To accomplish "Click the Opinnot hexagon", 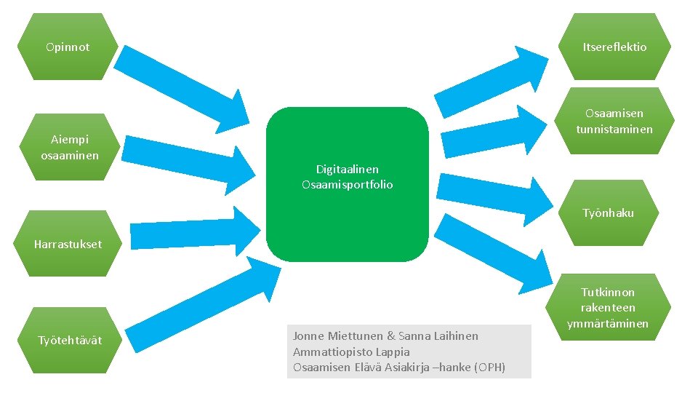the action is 68,47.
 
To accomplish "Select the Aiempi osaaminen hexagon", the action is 70,147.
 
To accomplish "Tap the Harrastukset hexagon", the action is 68,244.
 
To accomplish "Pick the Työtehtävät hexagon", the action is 70,341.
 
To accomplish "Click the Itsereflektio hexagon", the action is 614,47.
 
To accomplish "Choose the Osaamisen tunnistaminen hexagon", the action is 614,121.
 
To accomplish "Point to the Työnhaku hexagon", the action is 608,213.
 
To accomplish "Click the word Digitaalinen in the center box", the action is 347,169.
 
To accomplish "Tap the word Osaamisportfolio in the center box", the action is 347,185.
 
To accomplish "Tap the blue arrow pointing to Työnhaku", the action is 494,193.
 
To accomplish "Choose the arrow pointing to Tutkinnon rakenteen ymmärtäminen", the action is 502,255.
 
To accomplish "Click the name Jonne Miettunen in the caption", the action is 337,336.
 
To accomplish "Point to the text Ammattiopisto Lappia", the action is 351,352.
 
